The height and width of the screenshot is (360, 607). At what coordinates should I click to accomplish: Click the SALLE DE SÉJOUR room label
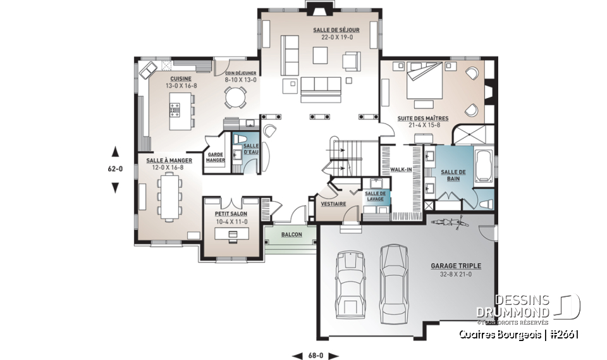pyautogui.click(x=328, y=30)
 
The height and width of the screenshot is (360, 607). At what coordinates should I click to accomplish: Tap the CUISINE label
pyautogui.click(x=173, y=79)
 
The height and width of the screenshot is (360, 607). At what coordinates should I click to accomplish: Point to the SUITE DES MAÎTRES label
pyautogui.click(x=423, y=118)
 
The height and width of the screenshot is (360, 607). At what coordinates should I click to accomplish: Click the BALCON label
pyautogui.click(x=292, y=235)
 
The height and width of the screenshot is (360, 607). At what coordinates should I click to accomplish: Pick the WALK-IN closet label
pyautogui.click(x=401, y=170)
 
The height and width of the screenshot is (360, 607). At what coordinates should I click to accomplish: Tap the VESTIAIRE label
pyautogui.click(x=333, y=204)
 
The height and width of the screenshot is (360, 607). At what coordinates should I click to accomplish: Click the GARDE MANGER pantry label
pyautogui.click(x=216, y=157)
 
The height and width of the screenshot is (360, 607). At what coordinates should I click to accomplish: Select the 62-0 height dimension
pyautogui.click(x=115, y=169)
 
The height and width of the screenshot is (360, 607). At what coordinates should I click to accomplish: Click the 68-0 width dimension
pyautogui.click(x=316, y=355)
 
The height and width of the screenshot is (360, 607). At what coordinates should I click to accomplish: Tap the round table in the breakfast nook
pyautogui.click(x=236, y=97)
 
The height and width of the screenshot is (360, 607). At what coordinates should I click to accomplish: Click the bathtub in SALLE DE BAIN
pyautogui.click(x=484, y=166)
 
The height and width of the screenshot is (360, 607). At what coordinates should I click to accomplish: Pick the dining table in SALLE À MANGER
pyautogui.click(x=169, y=196)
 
